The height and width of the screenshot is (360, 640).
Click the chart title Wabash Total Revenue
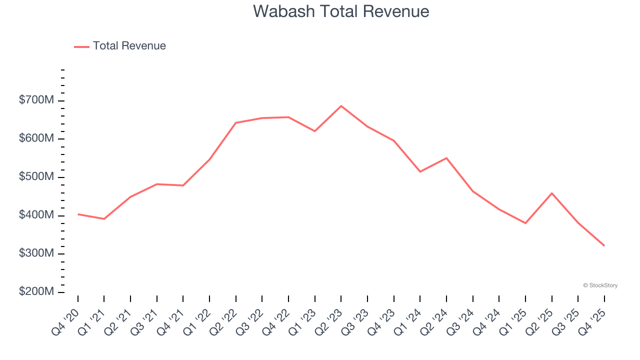[341, 11]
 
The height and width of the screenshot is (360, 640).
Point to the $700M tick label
[36, 100]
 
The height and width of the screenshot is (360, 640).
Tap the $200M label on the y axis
[36, 292]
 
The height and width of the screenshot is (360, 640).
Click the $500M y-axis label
[36, 177]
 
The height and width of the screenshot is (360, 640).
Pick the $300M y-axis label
[36, 253]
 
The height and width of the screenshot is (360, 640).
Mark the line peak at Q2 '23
[341, 106]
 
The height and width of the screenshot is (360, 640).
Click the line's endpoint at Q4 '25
[604, 245]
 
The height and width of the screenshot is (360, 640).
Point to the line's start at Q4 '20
[78, 214]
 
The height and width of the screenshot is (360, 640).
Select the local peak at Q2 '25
[551, 193]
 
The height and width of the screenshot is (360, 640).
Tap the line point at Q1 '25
[525, 223]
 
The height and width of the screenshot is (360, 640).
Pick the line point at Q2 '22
[235, 122]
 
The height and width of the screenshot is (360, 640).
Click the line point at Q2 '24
[446, 158]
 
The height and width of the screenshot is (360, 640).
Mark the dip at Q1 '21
[104, 219]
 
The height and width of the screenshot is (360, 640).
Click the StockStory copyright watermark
[600, 285]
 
